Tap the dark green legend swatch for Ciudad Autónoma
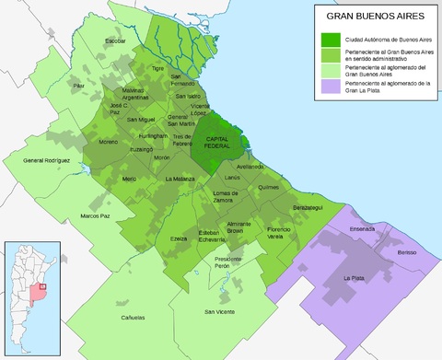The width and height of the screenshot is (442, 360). click(x=329, y=40)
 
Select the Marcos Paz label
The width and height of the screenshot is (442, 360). click(x=95, y=215)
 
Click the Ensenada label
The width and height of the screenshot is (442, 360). click(x=363, y=228)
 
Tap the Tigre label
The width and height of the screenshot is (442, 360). click(x=157, y=68)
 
